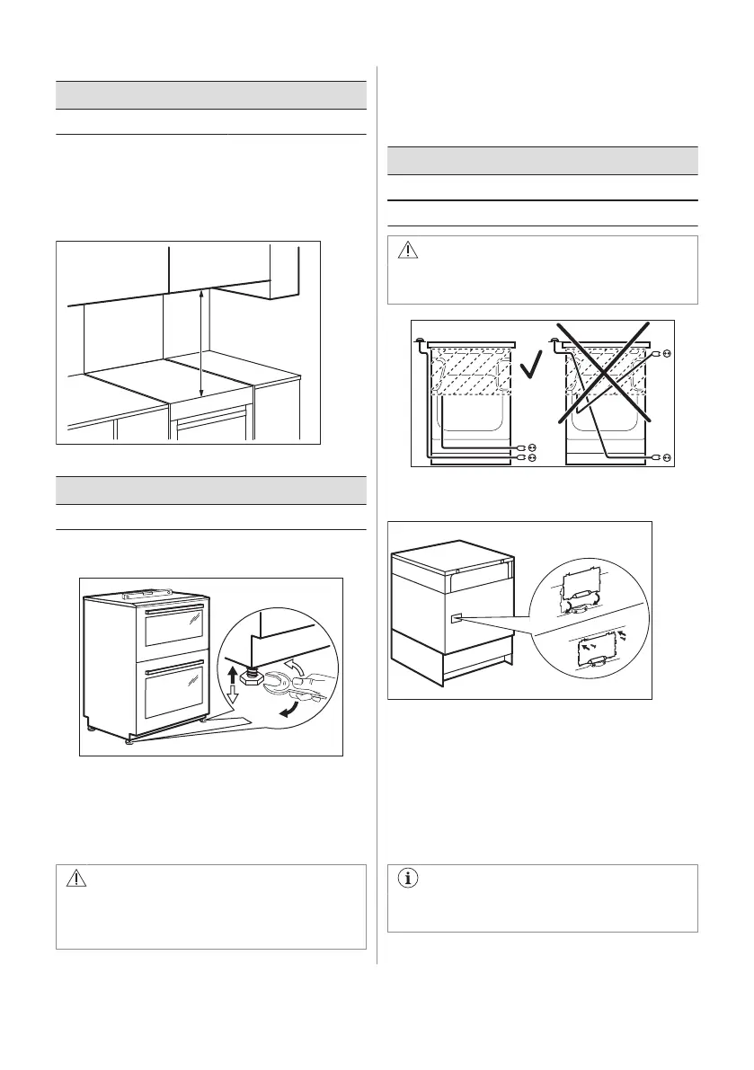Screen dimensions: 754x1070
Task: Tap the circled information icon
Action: pyautogui.click(x=410, y=881)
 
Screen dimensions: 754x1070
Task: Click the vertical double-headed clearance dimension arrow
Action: pyautogui.click(x=201, y=342)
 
